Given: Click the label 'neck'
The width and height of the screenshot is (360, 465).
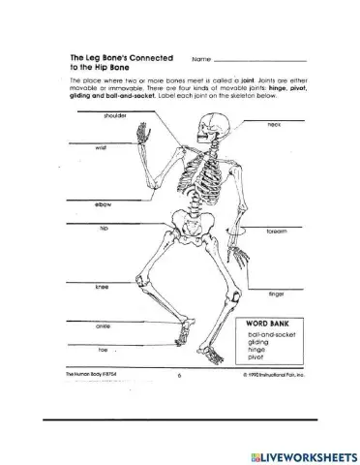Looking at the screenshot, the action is point(274,125).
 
